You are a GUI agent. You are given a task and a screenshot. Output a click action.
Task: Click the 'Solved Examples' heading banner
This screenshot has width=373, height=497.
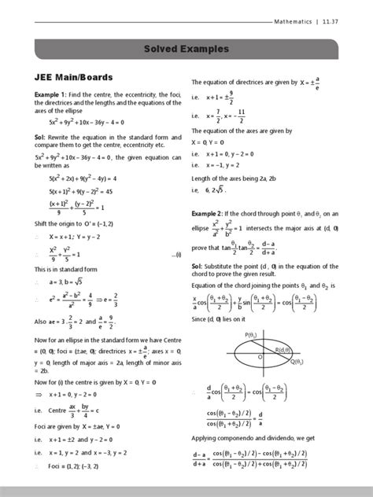coord(186,49)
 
